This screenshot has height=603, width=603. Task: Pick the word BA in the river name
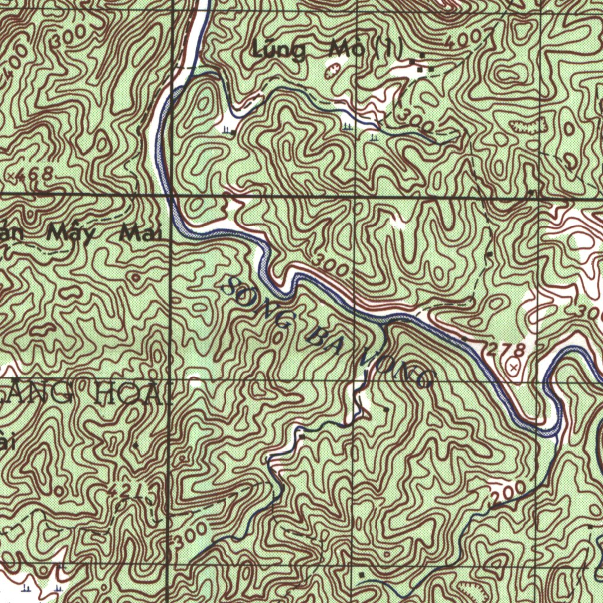[x=324, y=344]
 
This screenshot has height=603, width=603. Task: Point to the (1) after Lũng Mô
[x=390, y=51]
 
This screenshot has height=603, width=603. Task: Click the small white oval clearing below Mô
[x=333, y=69]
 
